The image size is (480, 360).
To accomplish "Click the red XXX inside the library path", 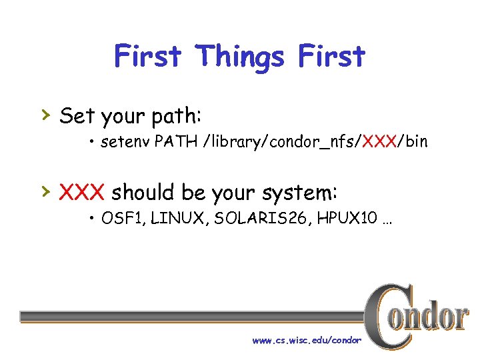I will click(x=377, y=142).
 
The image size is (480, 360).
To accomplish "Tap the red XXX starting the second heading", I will click(x=82, y=193).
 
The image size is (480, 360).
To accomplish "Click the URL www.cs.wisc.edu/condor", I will click(x=307, y=341).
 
